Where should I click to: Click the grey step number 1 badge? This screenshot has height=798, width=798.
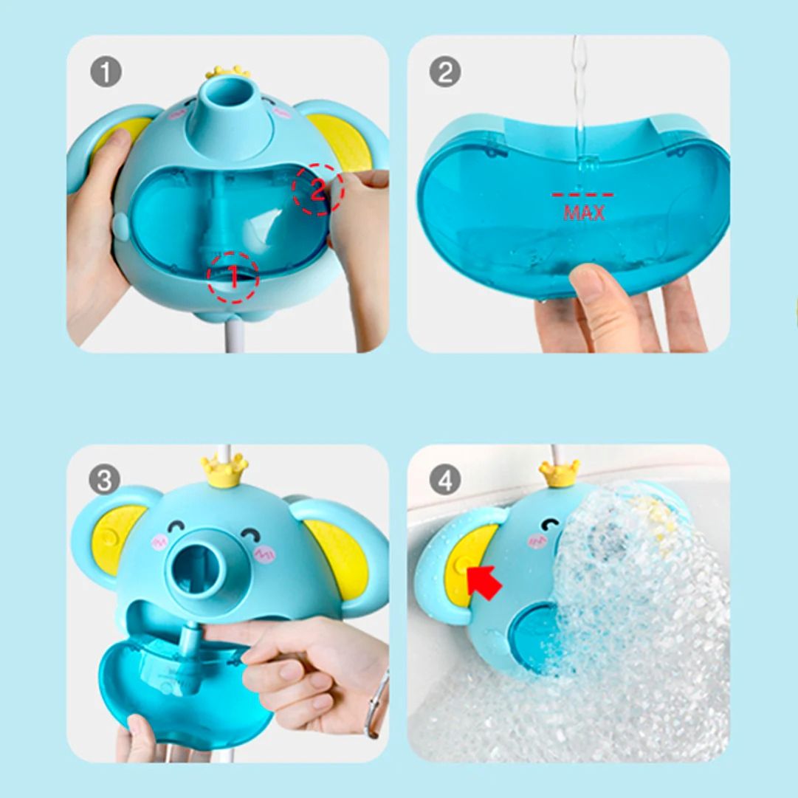tap(106, 72)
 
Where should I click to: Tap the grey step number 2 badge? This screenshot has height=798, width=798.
tap(445, 72)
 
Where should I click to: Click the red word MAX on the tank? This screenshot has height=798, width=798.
tap(584, 212)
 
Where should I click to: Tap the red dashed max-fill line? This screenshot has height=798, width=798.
tap(582, 194)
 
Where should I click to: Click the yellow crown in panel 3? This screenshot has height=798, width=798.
tap(224, 471)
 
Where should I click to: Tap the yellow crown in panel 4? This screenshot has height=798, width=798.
tap(560, 473)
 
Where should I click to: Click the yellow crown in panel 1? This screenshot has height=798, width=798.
tap(227, 72)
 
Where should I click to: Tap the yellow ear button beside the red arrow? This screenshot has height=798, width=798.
tap(463, 564)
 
